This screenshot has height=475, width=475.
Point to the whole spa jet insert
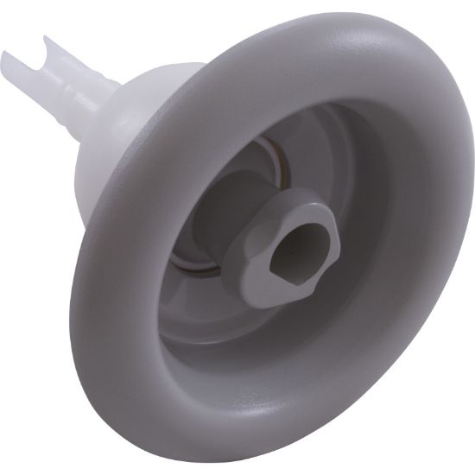259,242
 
